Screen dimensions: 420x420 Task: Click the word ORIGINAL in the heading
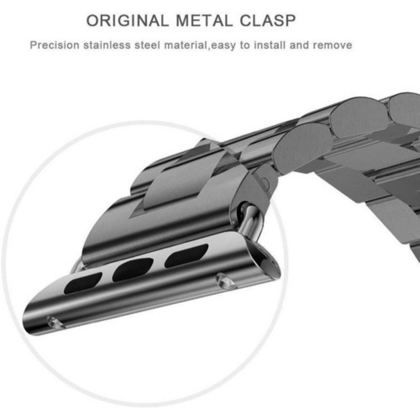(127, 21)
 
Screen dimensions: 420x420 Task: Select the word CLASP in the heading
(268, 21)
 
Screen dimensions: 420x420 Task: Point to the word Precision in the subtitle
(55, 45)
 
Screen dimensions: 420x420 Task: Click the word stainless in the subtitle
(107, 45)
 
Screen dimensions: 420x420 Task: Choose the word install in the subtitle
(270, 45)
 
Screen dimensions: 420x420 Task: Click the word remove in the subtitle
(332, 45)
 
